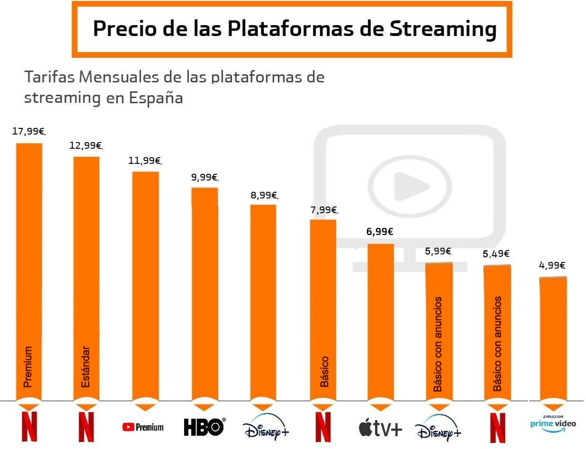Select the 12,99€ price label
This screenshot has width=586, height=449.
tap(85, 145)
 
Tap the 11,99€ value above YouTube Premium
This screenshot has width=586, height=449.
tap(144, 161)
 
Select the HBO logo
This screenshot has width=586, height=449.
tap(204, 427)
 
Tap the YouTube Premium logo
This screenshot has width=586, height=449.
tap(143, 427)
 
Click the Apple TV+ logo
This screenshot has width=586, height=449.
tap(380, 429)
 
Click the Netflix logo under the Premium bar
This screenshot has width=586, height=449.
tap(29, 426)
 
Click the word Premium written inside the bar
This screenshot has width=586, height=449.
tap(28, 367)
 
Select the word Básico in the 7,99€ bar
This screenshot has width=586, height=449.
tap(324, 372)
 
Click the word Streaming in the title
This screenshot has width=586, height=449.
tap(443, 29)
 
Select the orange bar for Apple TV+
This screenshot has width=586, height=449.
tap(381, 322)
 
